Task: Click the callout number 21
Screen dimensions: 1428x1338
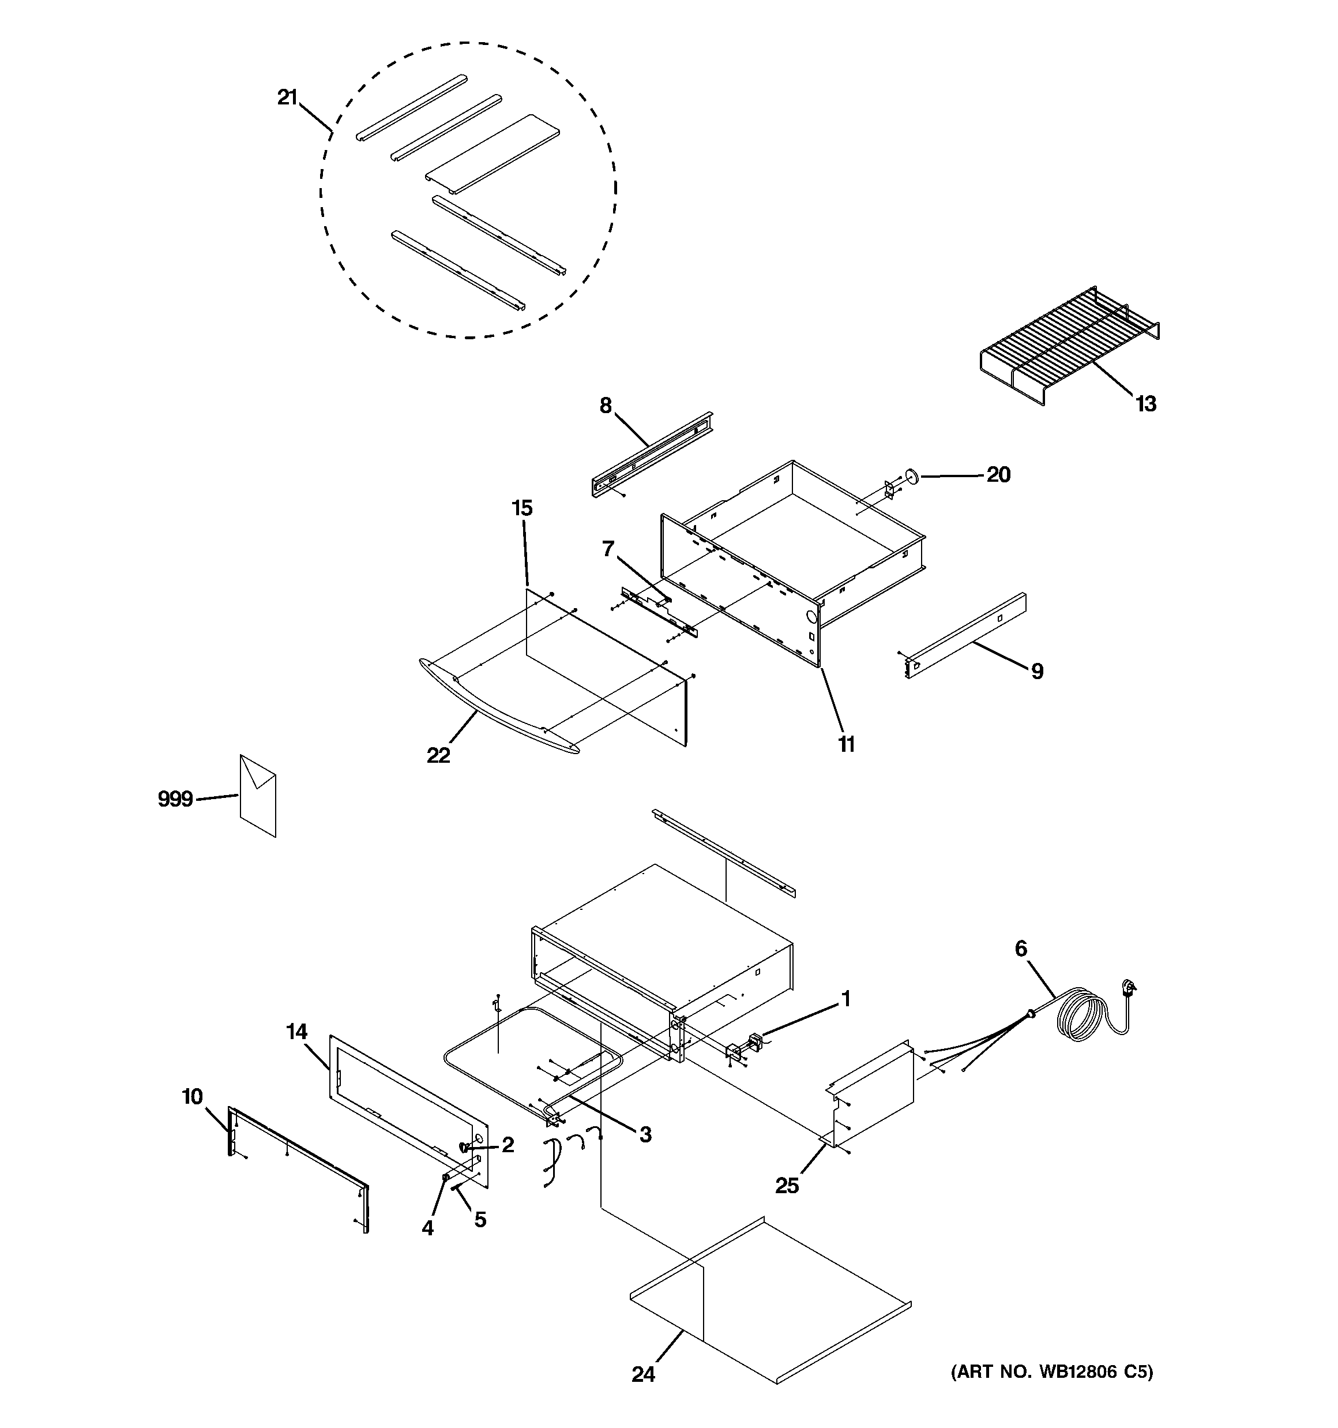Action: pos(287,98)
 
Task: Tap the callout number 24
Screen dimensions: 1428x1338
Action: pos(644,1374)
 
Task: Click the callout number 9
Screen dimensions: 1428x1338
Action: pos(1037,671)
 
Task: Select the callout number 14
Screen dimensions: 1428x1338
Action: pos(296,1032)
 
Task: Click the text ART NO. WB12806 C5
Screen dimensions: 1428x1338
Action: pos(1051,1372)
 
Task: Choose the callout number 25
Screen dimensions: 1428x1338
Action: pos(787,1185)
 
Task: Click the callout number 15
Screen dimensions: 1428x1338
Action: pos(522,508)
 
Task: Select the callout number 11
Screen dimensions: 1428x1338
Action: pos(847,744)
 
